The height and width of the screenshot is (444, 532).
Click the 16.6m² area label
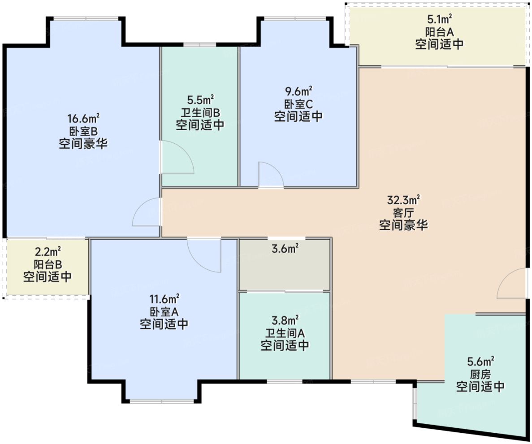pos(83,119)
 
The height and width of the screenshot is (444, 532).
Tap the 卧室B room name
pos(83,131)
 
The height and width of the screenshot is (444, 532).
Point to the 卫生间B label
pos(200,112)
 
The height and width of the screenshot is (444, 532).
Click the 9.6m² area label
pos(298,92)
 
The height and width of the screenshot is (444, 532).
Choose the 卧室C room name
pos(298,104)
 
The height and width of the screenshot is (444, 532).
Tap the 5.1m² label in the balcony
pos(439,20)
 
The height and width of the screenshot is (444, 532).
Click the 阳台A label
pos(439,32)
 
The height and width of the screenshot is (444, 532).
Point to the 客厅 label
pos(404,212)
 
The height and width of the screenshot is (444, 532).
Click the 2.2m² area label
pos(48,251)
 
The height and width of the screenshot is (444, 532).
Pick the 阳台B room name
pos(48,264)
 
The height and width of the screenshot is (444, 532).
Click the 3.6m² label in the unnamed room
pos(285,248)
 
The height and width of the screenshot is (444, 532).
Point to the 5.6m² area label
pos(480,361)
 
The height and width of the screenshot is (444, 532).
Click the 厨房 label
pos(480,374)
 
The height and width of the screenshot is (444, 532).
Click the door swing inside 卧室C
pos(270,175)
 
